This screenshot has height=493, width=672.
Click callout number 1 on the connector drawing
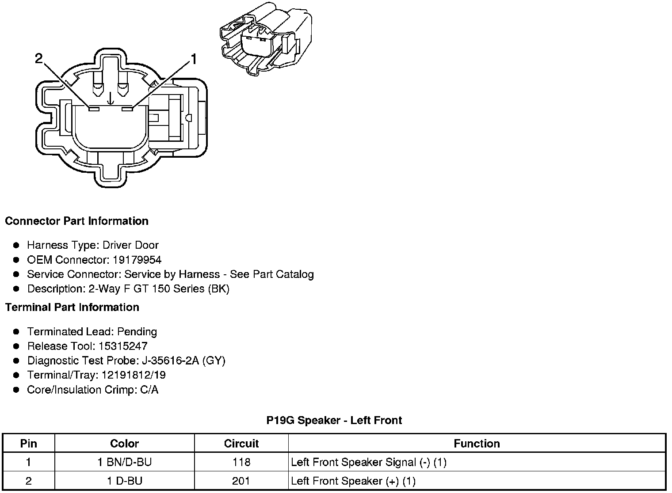pyautogui.click(x=193, y=59)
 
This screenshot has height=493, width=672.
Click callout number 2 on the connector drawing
pyautogui.click(x=39, y=59)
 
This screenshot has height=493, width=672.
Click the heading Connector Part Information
pyautogui.click(x=76, y=221)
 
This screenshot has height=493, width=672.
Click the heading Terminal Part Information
pyautogui.click(x=72, y=307)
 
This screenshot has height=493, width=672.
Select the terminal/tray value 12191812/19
pyautogui.click(x=134, y=375)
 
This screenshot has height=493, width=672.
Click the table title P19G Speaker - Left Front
pyautogui.click(x=334, y=420)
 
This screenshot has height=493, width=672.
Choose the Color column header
pyautogui.click(x=124, y=444)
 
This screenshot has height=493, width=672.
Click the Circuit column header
pyautogui.click(x=241, y=444)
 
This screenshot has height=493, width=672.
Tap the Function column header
pyautogui.click(x=477, y=444)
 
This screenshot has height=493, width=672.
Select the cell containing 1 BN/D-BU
pyautogui.click(x=124, y=463)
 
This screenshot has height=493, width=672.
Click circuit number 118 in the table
pyautogui.click(x=241, y=463)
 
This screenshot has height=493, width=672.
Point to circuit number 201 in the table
pyautogui.click(x=241, y=481)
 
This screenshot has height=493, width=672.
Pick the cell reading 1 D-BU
pyautogui.click(x=124, y=481)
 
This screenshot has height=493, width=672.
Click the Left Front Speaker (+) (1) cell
pyautogui.click(x=353, y=481)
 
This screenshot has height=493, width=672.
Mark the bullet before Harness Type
pyautogui.click(x=16, y=245)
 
